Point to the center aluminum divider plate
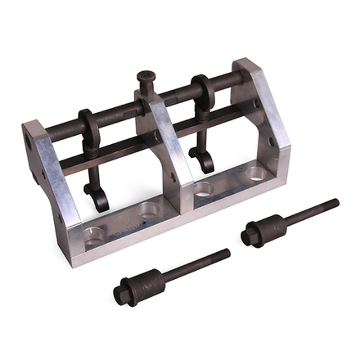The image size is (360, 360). [169, 151]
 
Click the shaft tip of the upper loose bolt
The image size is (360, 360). [334, 202]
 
